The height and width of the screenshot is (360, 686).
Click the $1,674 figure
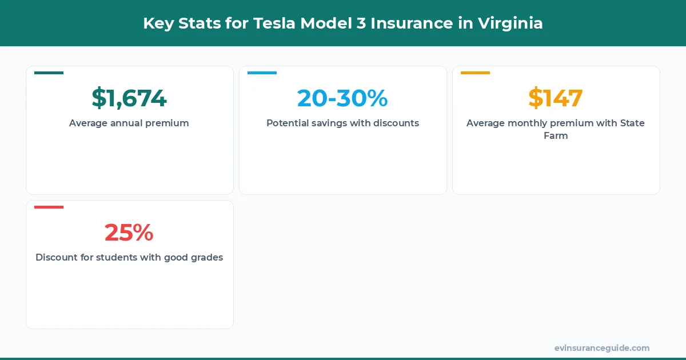point(129,98)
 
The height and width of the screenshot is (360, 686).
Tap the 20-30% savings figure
point(342,98)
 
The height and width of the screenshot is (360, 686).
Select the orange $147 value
point(556,98)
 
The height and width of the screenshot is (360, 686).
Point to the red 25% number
point(129,233)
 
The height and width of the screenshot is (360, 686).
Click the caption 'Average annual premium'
point(129,123)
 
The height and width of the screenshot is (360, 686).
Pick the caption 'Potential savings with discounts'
point(342,123)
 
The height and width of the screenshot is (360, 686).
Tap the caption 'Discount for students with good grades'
point(129,257)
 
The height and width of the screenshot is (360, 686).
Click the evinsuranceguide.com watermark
point(602,348)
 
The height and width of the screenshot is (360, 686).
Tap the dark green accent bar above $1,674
point(49,73)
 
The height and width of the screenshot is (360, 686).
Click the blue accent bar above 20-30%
point(262,73)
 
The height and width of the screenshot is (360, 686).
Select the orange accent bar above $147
point(475,73)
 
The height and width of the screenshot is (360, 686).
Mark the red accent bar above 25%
point(49,207)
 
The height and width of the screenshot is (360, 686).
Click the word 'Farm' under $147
point(556,137)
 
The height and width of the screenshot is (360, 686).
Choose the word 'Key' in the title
point(157,23)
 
